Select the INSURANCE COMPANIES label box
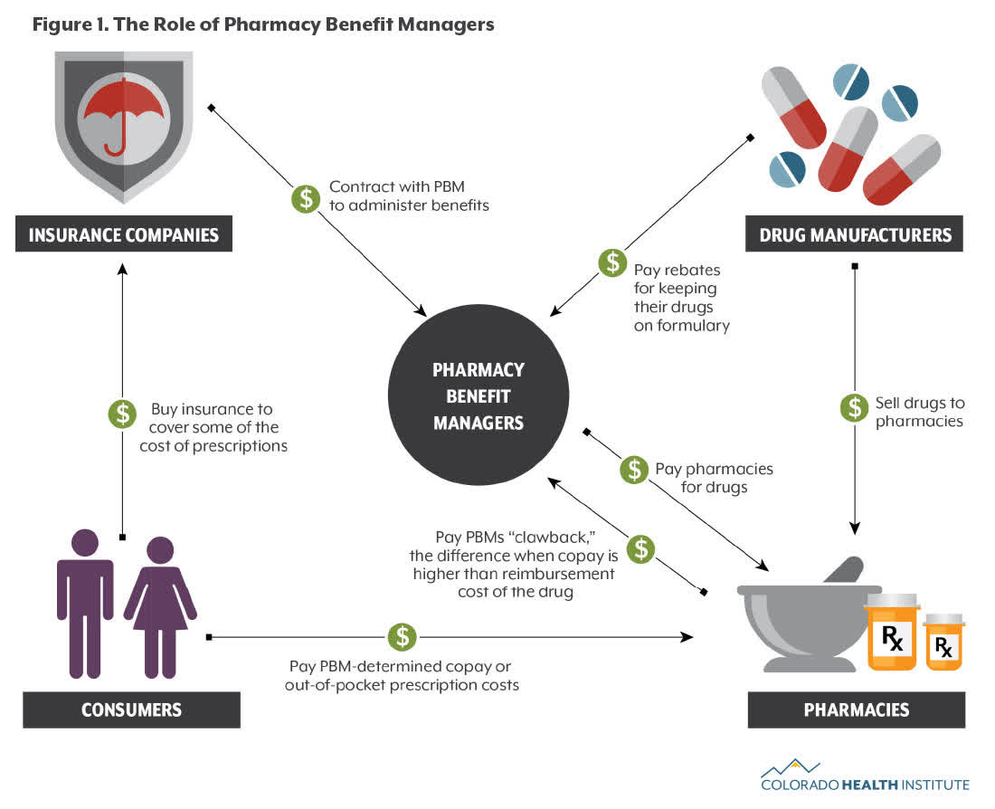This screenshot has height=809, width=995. click(x=124, y=235)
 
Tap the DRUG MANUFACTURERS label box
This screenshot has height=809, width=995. click(x=854, y=235)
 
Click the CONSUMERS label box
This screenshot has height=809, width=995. click(x=131, y=709)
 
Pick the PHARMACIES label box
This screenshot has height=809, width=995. click(x=856, y=709)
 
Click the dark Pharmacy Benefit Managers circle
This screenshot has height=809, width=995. click(x=479, y=396)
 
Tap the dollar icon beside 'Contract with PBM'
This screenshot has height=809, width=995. click(x=305, y=198)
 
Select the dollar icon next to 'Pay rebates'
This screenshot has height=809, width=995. click(x=612, y=263)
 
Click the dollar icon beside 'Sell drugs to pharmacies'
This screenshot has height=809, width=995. click(x=854, y=407)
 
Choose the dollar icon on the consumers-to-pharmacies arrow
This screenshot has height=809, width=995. click(x=402, y=636)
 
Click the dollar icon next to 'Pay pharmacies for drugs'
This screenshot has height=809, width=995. click(x=633, y=469)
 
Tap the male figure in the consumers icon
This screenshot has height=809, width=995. click(x=85, y=602)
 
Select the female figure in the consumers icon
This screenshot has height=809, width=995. click(x=160, y=606)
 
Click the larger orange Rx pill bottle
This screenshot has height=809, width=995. click(x=892, y=633)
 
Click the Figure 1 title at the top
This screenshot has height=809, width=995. click(x=263, y=24)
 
